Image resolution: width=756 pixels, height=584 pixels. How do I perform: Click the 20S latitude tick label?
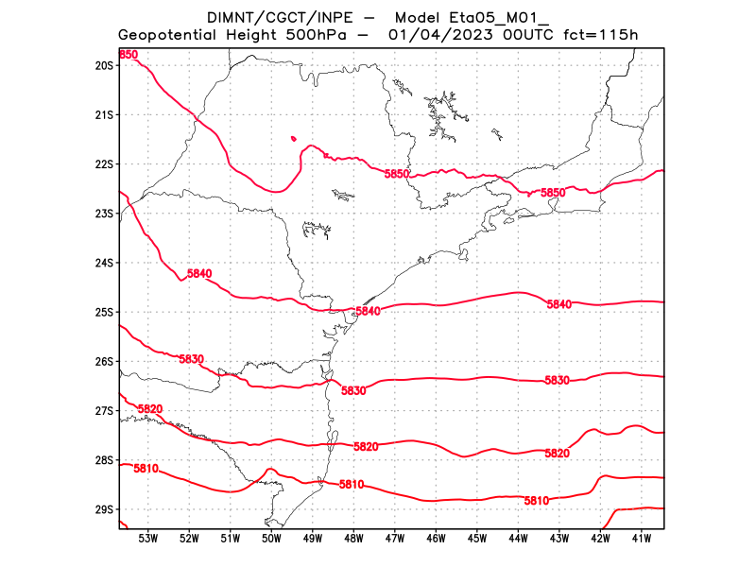click(104, 65)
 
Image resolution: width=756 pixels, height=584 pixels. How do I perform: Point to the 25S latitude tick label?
click(104, 312)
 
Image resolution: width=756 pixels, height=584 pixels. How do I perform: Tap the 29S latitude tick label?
click(104, 509)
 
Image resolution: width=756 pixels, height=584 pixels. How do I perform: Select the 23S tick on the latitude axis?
click(104, 214)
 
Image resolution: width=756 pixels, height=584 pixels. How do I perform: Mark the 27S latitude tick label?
click(104, 411)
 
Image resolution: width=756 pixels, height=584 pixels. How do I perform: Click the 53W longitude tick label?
click(147, 539)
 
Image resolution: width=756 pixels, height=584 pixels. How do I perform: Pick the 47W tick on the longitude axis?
click(394, 539)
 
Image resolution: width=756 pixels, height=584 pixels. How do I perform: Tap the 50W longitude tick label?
click(271, 539)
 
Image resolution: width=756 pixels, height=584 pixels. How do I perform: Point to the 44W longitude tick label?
click(518, 539)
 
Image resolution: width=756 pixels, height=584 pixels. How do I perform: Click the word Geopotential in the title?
click(167, 35)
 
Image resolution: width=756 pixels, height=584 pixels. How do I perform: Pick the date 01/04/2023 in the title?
click(439, 35)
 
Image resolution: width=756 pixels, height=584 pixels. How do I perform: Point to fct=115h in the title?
click(602, 35)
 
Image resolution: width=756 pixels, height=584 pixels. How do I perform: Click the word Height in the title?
click(251, 35)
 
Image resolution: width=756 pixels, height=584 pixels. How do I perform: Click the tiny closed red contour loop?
click(293, 138)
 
